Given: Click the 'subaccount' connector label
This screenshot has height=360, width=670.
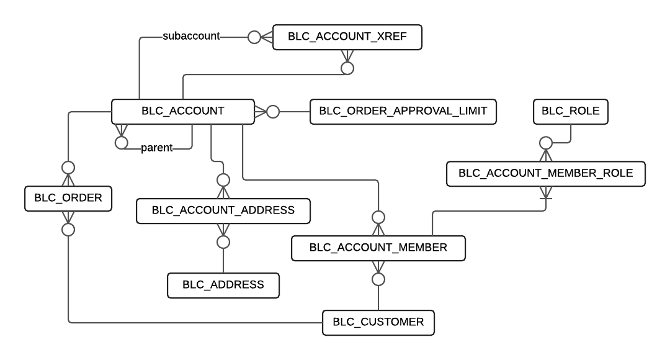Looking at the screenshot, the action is coord(191,36).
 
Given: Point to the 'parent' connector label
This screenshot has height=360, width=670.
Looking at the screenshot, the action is coord(157,148).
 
